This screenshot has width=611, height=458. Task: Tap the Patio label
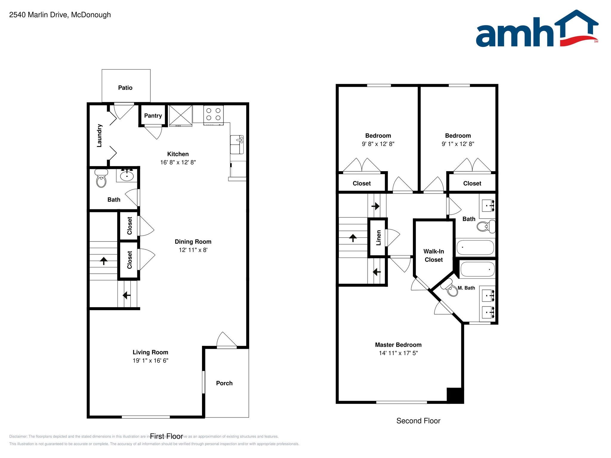[x=125, y=88]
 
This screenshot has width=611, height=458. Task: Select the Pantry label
[x=153, y=116]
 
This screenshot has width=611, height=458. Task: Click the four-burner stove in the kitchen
[x=213, y=115]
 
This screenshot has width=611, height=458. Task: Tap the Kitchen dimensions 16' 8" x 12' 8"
[x=178, y=162]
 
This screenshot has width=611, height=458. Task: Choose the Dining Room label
[x=193, y=242]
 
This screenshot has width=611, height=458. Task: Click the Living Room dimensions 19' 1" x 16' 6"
[x=150, y=360]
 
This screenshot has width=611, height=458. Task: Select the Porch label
[x=224, y=383]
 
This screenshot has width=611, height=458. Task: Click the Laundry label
[x=100, y=136]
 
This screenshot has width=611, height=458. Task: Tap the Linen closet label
[x=378, y=238]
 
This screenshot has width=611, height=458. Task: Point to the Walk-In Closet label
[x=433, y=256]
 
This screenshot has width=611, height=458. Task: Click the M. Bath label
[x=466, y=288]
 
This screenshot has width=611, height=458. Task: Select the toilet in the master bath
[x=451, y=289]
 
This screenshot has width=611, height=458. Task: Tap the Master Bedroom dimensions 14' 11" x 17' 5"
[x=398, y=353]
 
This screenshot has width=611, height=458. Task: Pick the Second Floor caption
[x=418, y=421]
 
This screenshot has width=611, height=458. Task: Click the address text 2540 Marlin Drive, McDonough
[x=60, y=15]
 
